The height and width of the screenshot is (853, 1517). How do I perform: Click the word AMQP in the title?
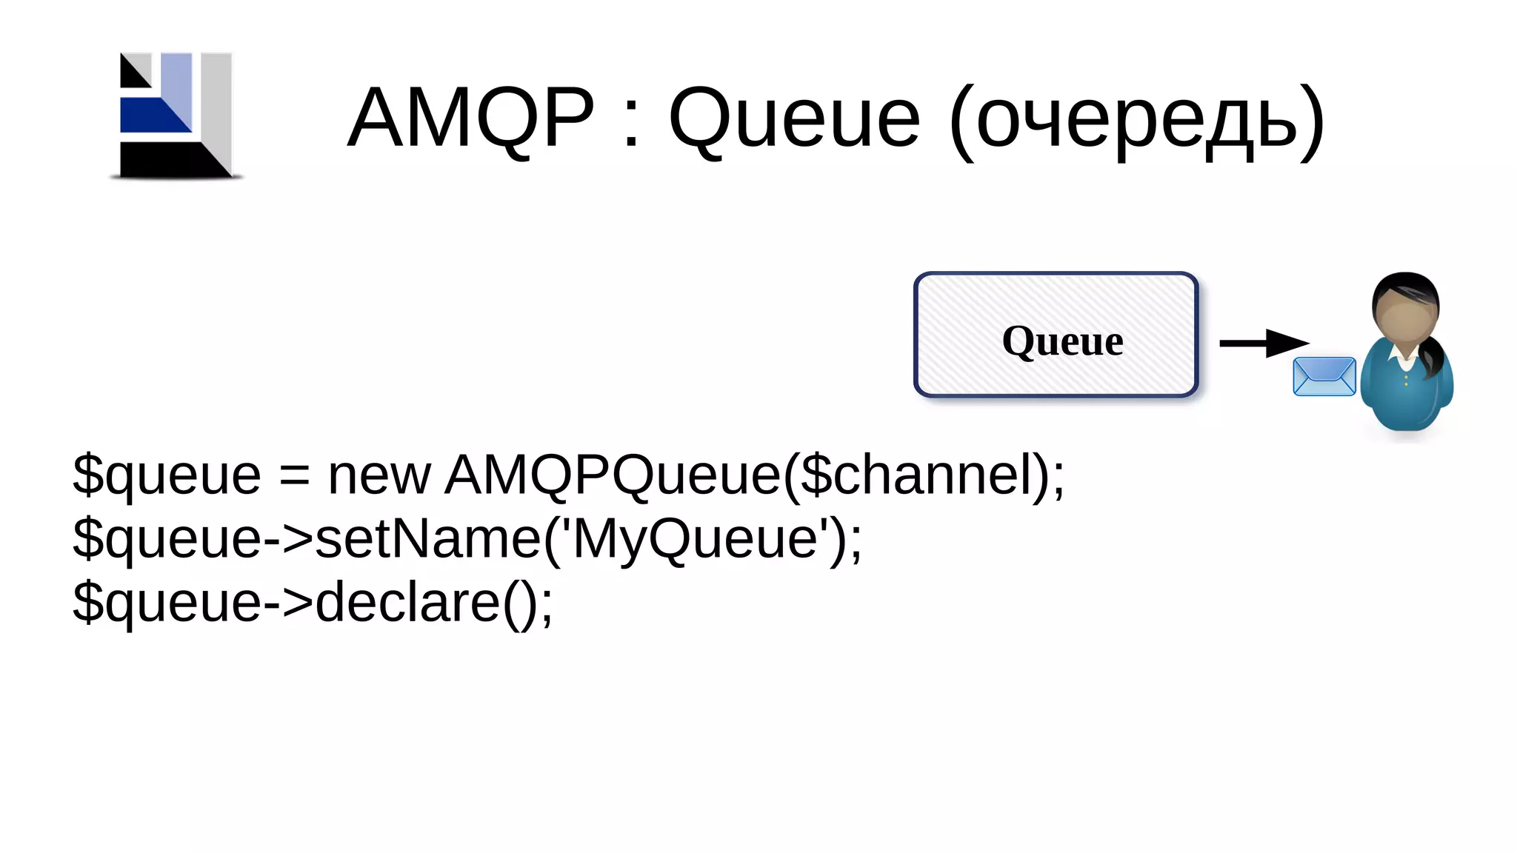(x=470, y=117)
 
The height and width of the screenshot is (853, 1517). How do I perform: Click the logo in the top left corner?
(x=176, y=116)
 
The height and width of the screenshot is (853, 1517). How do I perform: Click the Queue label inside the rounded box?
(x=1062, y=341)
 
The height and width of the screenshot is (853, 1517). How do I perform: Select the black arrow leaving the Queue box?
(x=1263, y=343)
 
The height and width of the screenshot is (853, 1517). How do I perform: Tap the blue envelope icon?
(x=1324, y=376)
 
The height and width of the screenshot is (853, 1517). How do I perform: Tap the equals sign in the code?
(x=294, y=475)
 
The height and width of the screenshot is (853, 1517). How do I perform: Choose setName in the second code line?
(x=428, y=538)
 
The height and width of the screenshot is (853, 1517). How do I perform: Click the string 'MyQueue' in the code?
(x=696, y=538)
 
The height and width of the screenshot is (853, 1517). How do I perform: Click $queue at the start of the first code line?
(x=167, y=475)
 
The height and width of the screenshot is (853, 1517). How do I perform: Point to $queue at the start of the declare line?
(x=167, y=603)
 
